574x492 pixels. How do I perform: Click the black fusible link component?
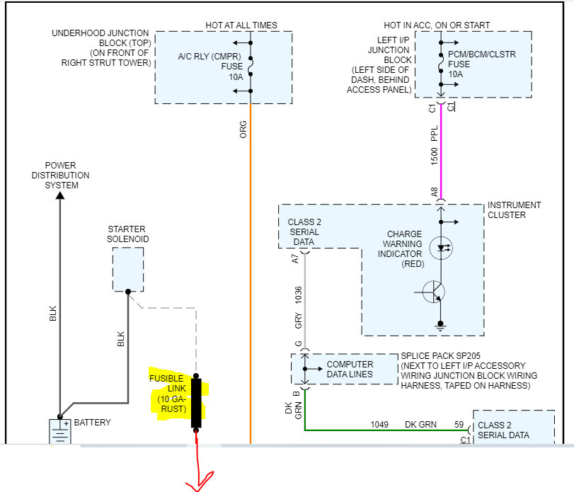click(x=196, y=403)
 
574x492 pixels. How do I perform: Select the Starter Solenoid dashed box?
click(x=127, y=269)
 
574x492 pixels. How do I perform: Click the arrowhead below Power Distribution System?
click(x=59, y=197)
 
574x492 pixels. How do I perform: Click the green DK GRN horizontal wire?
click(x=382, y=430)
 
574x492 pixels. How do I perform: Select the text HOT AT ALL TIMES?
click(x=241, y=25)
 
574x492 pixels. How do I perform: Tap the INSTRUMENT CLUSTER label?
click(x=514, y=210)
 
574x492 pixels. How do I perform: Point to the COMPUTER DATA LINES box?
click(x=344, y=369)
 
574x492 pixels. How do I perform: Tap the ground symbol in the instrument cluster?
click(x=440, y=328)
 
